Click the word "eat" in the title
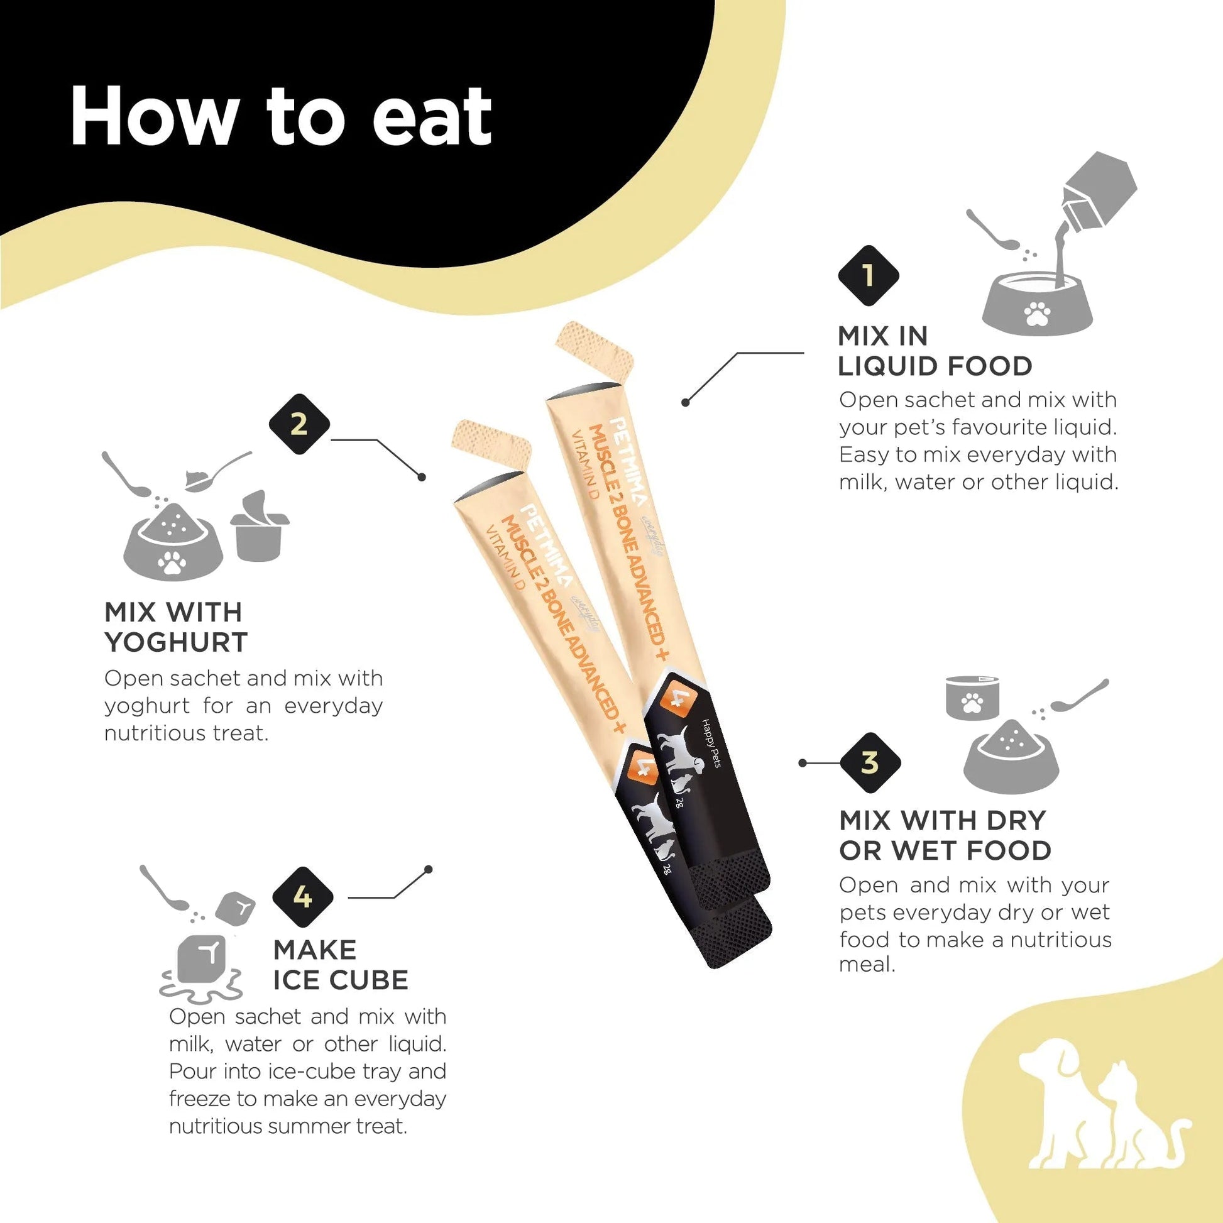432,117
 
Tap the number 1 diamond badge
869,275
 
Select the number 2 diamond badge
299,424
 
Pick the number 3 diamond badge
870,763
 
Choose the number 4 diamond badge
302,897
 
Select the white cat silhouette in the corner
1139,1127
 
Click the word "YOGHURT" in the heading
176,642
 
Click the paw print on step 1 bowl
1037,313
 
